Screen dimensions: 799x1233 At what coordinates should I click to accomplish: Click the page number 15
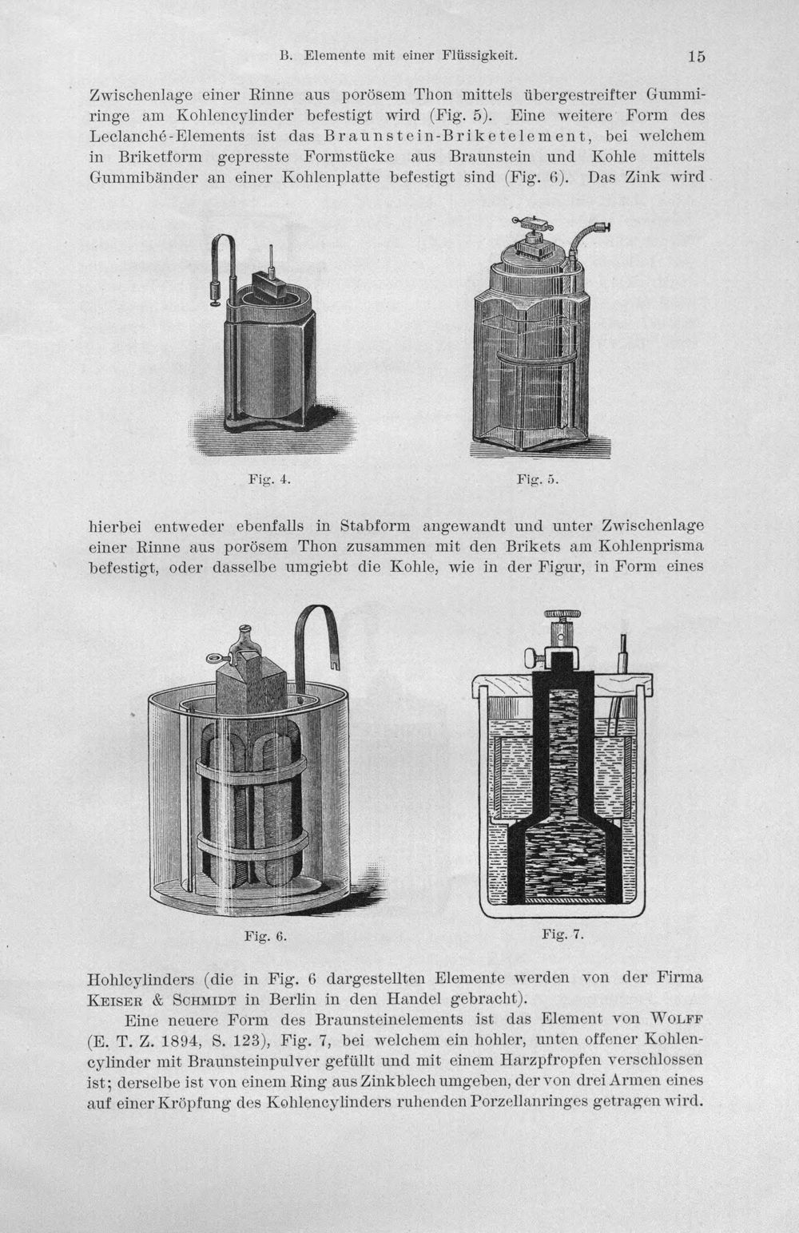pyautogui.click(x=696, y=56)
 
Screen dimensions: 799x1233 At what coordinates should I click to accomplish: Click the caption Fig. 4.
pyautogui.click(x=269, y=479)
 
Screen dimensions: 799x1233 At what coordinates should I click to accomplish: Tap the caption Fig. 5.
pyautogui.click(x=538, y=479)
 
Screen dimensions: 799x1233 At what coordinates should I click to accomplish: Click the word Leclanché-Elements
pyautogui.click(x=167, y=136)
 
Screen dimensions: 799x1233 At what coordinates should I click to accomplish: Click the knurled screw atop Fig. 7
pyautogui.click(x=562, y=614)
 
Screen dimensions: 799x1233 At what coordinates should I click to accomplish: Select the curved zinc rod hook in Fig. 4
pyautogui.click(x=222, y=259)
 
